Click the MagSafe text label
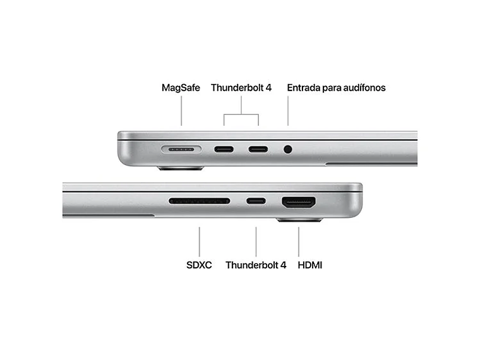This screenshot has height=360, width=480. click(x=181, y=88)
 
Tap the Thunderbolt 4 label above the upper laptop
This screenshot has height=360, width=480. click(x=241, y=88)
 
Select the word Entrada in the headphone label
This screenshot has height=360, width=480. click(x=303, y=88)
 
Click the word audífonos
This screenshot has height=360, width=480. click(x=363, y=88)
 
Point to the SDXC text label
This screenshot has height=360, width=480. click(x=199, y=265)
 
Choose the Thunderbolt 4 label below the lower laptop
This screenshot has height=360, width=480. click(x=256, y=265)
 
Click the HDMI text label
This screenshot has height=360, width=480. click(x=310, y=265)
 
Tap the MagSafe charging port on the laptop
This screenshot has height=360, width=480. click(x=181, y=150)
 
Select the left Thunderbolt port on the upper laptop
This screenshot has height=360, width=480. click(x=224, y=150)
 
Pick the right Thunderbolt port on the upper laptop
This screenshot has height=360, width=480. click(x=258, y=150)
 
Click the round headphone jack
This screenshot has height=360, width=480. click(x=289, y=150)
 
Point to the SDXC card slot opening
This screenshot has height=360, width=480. click(x=199, y=201)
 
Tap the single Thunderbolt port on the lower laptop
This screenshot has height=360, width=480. click(x=256, y=201)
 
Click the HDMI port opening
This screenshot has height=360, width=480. click(x=299, y=202)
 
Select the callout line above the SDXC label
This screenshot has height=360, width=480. click(x=199, y=241)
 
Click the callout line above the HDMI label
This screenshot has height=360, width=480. click(x=299, y=241)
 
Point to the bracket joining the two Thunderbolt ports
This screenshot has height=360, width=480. click(x=241, y=115)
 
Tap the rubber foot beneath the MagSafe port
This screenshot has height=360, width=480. click(x=181, y=169)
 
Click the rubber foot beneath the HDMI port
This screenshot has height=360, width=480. click(x=299, y=220)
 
